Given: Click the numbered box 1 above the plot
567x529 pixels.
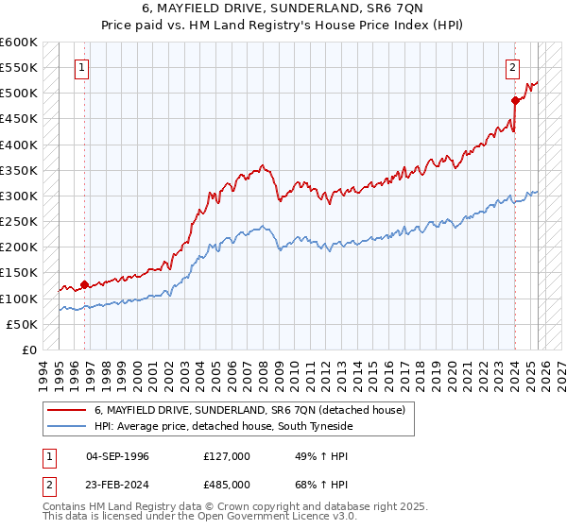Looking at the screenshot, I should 84,67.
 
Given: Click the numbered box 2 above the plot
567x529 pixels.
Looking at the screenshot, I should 512,67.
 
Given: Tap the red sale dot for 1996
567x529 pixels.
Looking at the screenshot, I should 84,284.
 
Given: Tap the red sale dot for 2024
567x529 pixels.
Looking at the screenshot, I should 514,100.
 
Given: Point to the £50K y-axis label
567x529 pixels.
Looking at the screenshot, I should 22,324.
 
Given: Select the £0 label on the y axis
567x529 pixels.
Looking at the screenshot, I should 28,350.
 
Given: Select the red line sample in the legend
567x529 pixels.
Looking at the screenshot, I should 67,410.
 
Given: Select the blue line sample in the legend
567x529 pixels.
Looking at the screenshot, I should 67,426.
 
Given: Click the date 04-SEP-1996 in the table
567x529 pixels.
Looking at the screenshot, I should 117,456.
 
